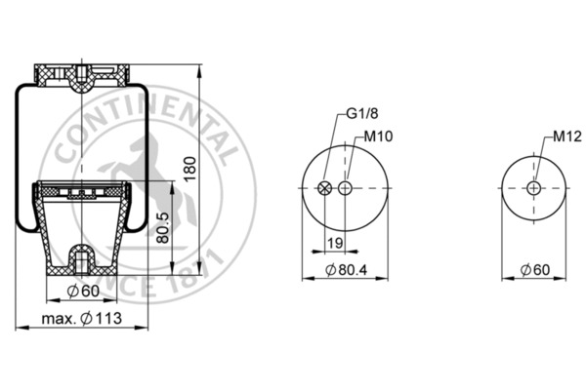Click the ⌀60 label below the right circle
click(x=534, y=269)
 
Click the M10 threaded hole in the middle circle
click(x=345, y=188)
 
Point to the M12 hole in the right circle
click(x=532, y=188)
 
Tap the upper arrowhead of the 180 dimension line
click(x=199, y=70)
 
